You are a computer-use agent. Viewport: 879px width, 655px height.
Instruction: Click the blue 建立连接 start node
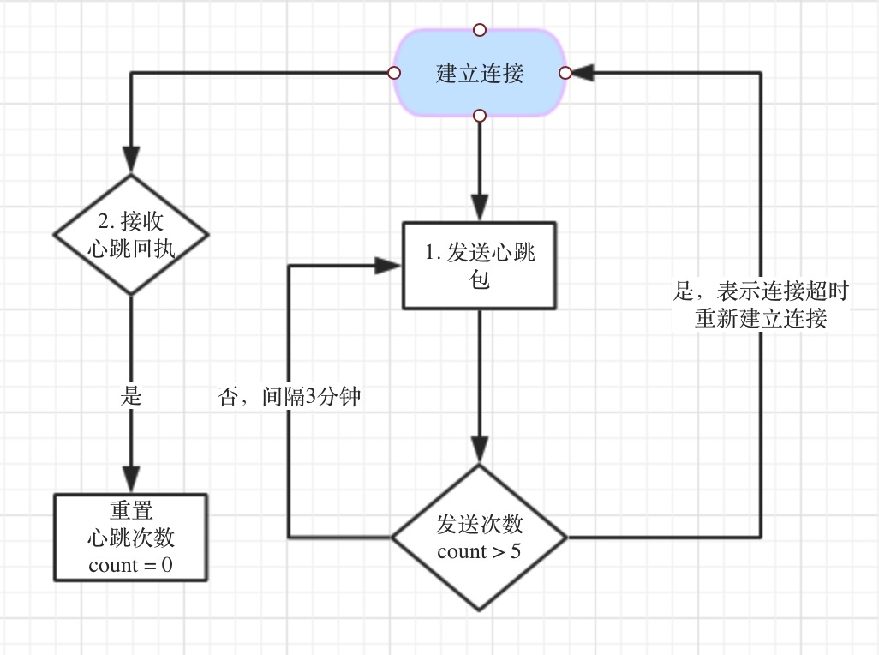pos(480,73)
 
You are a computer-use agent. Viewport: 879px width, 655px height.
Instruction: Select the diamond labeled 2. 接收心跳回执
pos(131,234)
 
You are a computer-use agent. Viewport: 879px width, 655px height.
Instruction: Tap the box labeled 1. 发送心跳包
pos(480,265)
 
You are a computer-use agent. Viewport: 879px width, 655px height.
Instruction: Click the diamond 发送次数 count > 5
pos(479,538)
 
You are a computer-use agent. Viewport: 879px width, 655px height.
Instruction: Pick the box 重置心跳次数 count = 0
pos(131,538)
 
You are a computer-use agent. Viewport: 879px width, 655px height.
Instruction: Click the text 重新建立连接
pos(761,319)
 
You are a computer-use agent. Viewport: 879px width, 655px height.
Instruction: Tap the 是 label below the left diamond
pos(131,398)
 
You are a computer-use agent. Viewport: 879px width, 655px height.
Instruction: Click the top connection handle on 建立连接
pos(480,30)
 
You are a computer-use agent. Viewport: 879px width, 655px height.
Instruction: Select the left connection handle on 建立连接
pos(394,73)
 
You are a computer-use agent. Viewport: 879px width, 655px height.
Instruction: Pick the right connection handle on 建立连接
pos(565,73)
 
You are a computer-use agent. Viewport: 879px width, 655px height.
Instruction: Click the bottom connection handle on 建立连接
pos(480,116)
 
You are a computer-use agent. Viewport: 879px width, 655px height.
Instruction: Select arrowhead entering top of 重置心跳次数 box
pos(131,481)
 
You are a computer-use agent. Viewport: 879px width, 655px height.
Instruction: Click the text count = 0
pos(131,565)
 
